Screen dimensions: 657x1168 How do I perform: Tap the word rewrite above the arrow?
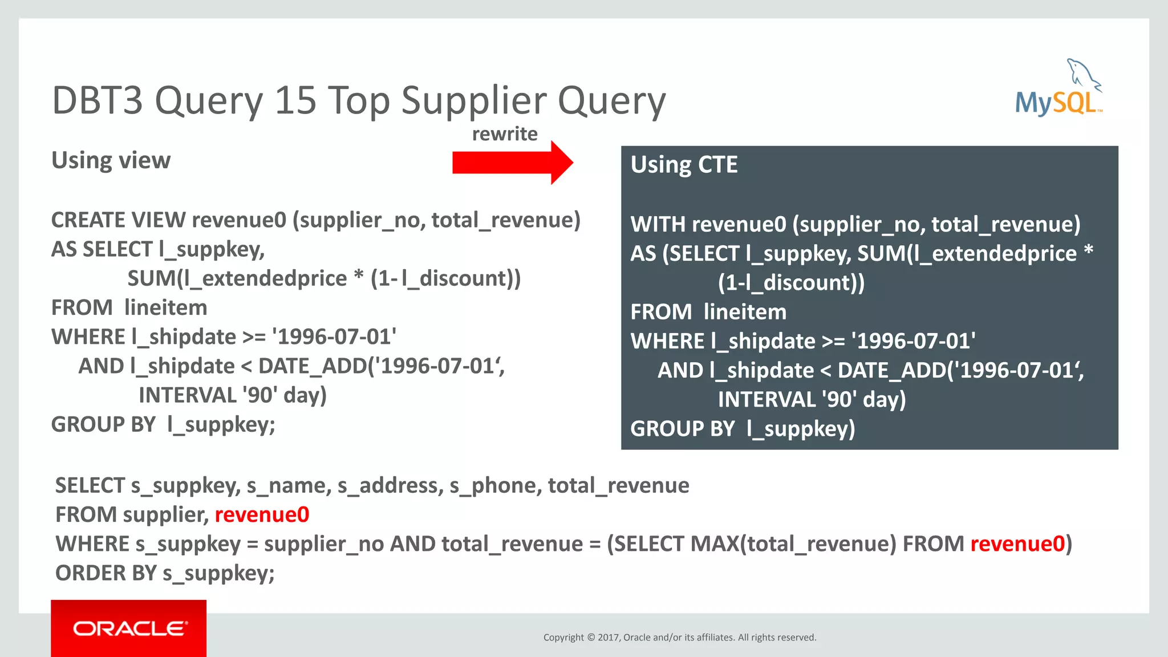coord(505,134)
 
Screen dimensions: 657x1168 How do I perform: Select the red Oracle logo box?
coord(128,628)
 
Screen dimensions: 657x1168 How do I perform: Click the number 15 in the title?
coord(295,100)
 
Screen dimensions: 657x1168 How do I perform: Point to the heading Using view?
coord(111,160)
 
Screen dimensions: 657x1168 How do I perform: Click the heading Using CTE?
coord(684,165)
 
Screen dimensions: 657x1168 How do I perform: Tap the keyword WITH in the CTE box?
coord(658,224)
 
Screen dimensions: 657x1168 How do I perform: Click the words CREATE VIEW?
coord(118,220)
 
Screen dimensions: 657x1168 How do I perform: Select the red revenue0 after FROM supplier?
coord(262,514)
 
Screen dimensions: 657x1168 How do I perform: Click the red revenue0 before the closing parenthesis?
coord(1017,544)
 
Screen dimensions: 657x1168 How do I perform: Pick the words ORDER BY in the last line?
coord(106,573)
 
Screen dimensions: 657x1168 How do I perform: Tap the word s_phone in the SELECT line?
coord(495,485)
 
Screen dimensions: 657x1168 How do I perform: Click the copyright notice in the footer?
coord(680,637)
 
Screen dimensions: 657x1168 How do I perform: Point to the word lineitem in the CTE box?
coord(745,312)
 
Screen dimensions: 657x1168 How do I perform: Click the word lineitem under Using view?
coord(166,308)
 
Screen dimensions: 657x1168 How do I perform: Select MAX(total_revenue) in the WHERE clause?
coord(793,544)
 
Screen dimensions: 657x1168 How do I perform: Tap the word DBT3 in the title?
coord(97,100)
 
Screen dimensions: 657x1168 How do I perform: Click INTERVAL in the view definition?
coord(187,395)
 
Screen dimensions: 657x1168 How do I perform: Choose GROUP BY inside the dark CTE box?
coord(682,429)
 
